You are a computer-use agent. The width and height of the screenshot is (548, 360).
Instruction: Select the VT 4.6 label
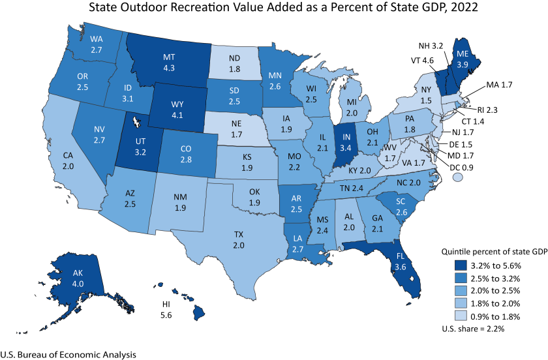(x=423, y=59)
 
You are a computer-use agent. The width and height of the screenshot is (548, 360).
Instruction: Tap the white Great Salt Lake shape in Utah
(x=136, y=122)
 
